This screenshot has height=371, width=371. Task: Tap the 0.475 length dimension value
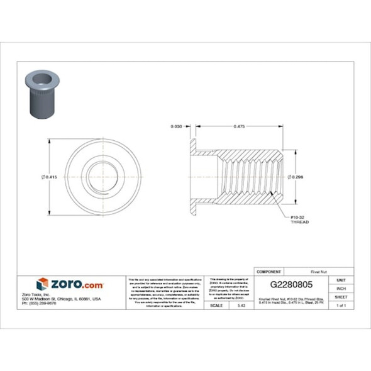point(239,126)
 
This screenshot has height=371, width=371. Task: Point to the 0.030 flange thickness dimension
point(177,126)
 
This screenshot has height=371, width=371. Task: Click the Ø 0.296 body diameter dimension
point(296,177)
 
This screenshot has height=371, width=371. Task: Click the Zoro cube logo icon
point(42,284)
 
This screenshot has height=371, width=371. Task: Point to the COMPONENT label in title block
point(269,271)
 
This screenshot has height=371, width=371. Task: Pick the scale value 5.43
point(241,305)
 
